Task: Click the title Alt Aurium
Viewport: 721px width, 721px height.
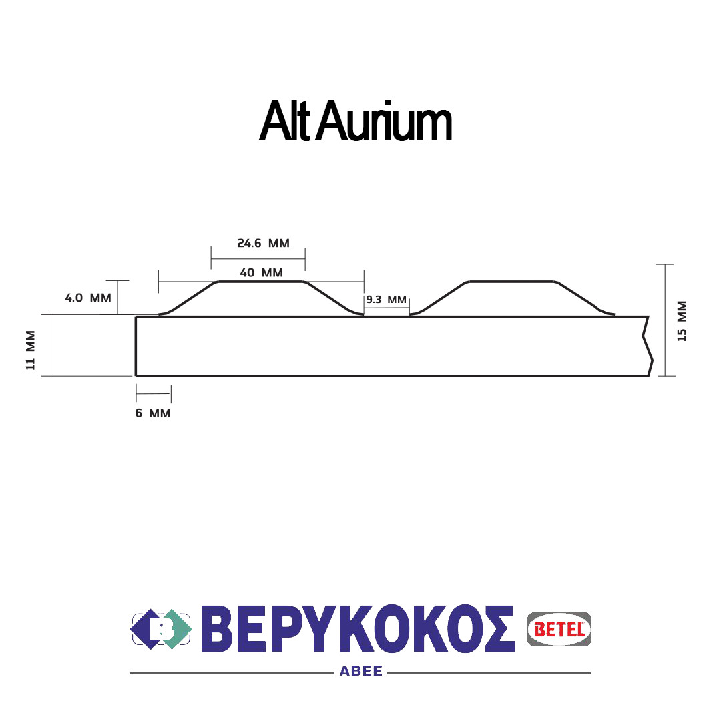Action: (x=355, y=122)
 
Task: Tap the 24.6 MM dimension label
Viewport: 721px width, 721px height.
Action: (x=263, y=243)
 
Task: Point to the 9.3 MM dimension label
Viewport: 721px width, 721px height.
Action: (x=386, y=300)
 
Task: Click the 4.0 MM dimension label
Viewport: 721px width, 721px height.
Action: (x=87, y=298)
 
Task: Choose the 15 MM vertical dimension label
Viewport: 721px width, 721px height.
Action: (x=682, y=321)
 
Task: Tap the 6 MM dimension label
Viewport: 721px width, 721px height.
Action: (x=153, y=413)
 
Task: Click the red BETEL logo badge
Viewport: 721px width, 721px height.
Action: (x=559, y=629)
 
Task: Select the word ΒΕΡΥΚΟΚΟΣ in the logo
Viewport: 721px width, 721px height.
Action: (x=358, y=629)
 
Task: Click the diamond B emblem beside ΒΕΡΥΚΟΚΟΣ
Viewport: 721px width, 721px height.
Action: (x=161, y=629)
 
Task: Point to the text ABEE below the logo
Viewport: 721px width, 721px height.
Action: (x=360, y=672)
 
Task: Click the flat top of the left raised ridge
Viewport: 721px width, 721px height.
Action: (x=261, y=282)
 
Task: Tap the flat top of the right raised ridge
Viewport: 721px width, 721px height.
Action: (x=511, y=282)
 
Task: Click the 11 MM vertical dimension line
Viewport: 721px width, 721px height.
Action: (x=51, y=345)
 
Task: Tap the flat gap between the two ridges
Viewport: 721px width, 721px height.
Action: (x=387, y=316)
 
